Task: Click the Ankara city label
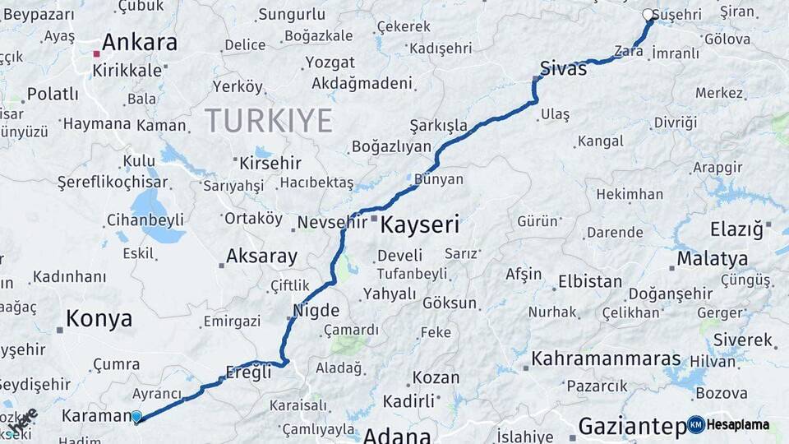[x=140, y=43]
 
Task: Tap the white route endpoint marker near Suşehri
[x=648, y=15]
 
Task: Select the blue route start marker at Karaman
[x=136, y=417]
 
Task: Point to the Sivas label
[x=564, y=69]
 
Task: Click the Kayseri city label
[x=419, y=224]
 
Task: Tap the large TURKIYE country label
[x=268, y=121]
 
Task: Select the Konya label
[x=99, y=319]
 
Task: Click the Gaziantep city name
[x=631, y=426]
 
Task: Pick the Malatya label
[x=712, y=260]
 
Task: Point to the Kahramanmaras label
[x=606, y=359]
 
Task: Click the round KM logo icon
[x=696, y=424]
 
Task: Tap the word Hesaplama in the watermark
[x=739, y=424]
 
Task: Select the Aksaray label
[x=261, y=257]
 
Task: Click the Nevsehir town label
[x=330, y=222]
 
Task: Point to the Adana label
[x=396, y=435]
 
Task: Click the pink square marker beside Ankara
[x=96, y=53]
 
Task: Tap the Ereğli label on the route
[x=247, y=372]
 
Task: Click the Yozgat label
[x=330, y=62]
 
